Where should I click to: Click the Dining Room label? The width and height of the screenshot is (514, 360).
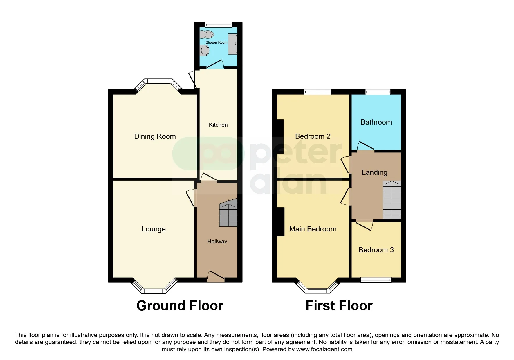coord(155,136)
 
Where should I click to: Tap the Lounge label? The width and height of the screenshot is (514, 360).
coord(154,229)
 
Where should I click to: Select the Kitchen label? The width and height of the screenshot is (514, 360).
coord(218,125)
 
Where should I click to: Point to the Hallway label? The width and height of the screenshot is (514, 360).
coord(217,242)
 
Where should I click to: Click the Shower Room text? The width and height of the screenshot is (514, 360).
coord(217,42)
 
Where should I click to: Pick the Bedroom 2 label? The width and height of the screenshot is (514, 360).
coord(313,136)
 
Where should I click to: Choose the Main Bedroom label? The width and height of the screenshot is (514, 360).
coord(313,229)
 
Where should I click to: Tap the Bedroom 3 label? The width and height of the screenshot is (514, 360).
coord(376,250)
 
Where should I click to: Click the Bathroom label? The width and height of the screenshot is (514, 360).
coord(376,122)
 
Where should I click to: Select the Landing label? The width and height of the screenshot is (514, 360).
coord(374,172)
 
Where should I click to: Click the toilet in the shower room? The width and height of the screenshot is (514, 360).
coord(207,35)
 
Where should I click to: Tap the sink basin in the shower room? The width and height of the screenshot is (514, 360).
coord(205,51)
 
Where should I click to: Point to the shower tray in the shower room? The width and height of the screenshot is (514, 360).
coord(233,44)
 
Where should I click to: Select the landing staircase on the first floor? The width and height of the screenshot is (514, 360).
coord(392,200)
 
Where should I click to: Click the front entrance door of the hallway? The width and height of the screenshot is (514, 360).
coord(216,276)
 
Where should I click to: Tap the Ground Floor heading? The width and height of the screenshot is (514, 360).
coord(180,306)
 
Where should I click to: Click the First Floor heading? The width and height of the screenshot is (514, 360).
coord(339,306)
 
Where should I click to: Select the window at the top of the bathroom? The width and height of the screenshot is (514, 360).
coord(378,92)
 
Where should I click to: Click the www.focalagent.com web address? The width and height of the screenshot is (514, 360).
coord(324,349)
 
